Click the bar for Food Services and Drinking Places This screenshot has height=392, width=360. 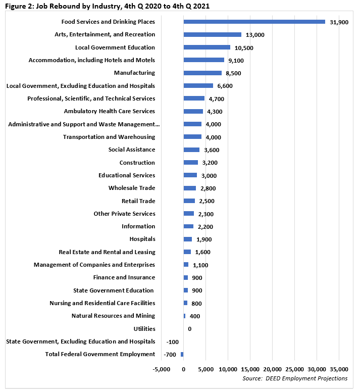click(254, 22)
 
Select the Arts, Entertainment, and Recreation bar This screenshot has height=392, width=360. click(213, 34)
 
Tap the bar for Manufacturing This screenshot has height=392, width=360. click(202, 73)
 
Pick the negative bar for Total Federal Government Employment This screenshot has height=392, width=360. click(182, 354)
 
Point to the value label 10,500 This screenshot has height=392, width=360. click(243, 48)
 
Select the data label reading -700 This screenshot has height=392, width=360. click(169, 355)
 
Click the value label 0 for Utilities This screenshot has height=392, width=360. click(189, 329)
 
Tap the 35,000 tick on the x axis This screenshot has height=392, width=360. click(339, 369)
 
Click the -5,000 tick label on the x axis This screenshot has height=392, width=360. click(162, 369)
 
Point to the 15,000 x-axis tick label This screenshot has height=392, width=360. click(250, 369)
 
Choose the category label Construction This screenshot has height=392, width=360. click(137, 163)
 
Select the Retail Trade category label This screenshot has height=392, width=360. click(138, 201)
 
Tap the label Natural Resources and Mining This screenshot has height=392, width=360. click(113, 316)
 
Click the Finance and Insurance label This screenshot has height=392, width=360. click(124, 277)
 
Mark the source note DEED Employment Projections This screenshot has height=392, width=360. click(295, 378)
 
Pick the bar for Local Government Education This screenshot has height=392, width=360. click(207, 47)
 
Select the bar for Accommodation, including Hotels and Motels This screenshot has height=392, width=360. click(204, 60)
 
